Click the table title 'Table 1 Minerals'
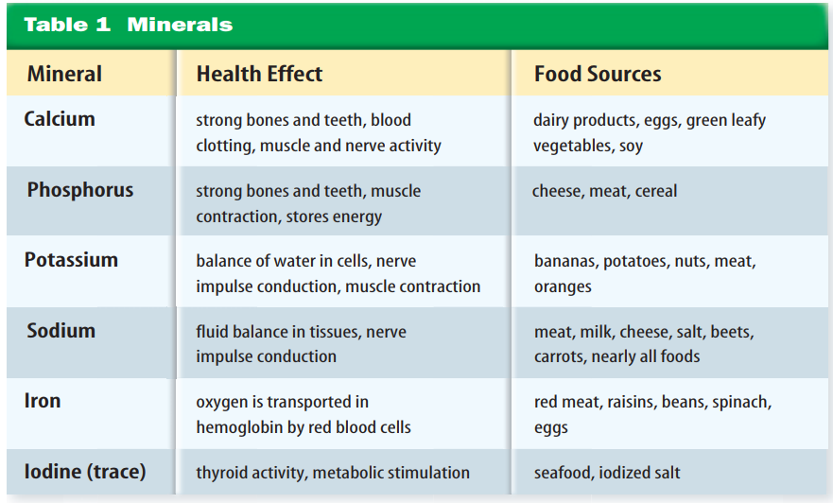tap(128, 25)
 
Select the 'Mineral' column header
tap(64, 74)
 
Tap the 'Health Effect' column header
tap(259, 74)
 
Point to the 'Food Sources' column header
tap(598, 74)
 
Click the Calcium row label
tap(60, 119)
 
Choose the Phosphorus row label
tap(80, 190)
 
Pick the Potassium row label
tap(71, 260)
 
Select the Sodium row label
tap(61, 331)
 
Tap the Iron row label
tap(43, 401)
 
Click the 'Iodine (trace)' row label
tap(85, 471)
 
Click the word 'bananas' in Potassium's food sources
tap(564, 261)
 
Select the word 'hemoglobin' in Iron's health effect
tap(236, 427)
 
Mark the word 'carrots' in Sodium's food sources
tap(561, 356)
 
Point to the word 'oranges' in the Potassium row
tap(563, 286)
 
